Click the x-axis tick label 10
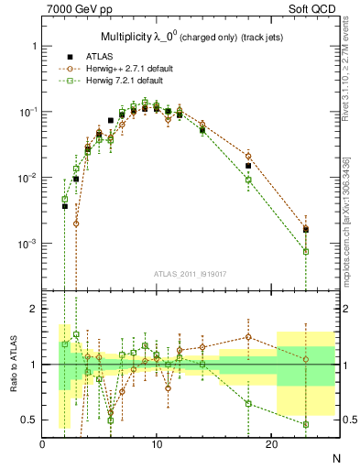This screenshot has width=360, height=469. (157, 443)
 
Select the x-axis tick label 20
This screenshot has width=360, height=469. (271, 443)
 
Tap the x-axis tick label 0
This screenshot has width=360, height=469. (43, 443)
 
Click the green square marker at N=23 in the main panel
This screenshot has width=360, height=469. (306, 251)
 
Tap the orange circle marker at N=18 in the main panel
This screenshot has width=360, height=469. (248, 156)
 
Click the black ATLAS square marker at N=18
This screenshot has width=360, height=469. (248, 166)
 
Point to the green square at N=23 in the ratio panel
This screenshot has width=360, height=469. (306, 424)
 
